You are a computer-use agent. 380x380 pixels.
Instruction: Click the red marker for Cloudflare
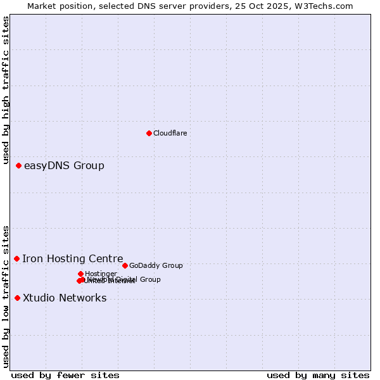tap(149, 133)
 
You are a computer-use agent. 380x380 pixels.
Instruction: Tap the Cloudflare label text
tap(170, 133)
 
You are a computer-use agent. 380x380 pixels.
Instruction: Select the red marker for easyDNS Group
tap(18, 165)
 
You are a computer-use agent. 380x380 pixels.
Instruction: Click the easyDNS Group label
tap(64, 166)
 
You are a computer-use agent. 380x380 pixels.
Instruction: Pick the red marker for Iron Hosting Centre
tap(16, 258)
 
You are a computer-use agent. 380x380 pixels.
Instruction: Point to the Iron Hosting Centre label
tap(73, 258)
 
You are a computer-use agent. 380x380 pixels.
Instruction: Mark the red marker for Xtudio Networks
tap(17, 298)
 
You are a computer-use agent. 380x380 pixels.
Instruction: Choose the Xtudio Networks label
tap(65, 298)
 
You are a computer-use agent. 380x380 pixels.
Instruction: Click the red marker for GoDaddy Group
tap(125, 265)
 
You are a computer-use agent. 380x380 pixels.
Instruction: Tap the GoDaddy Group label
tap(156, 265)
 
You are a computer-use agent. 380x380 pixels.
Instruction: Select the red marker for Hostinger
tap(80, 274)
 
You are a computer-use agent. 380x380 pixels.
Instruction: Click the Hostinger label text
tap(101, 274)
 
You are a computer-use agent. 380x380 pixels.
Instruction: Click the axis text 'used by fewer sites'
tap(65, 375)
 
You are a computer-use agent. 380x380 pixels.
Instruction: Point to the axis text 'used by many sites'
tap(318, 375)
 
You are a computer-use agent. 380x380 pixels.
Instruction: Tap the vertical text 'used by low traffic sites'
tap(6, 296)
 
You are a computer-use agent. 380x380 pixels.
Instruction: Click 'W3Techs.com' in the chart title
tap(327, 6)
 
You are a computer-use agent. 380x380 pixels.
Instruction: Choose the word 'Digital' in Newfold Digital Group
tap(127, 279)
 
